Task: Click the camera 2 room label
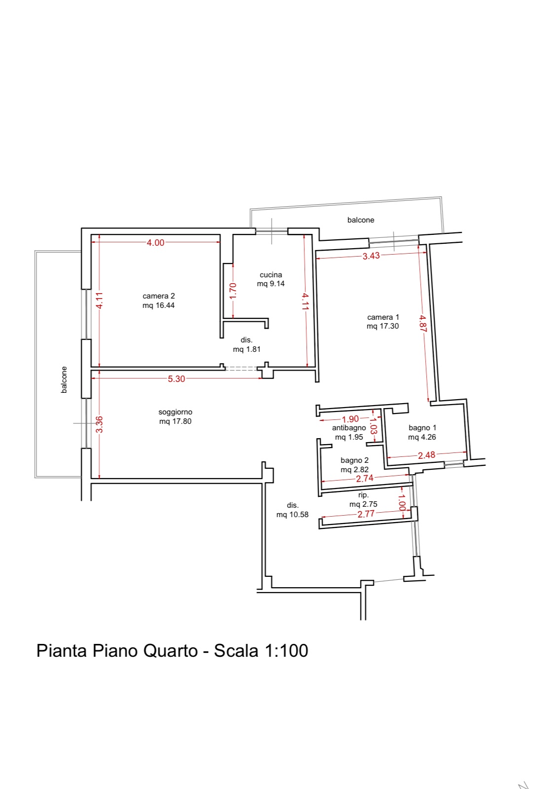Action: (158, 296)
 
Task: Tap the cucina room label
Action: (271, 274)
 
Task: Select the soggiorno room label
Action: (175, 412)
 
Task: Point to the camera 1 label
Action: (383, 317)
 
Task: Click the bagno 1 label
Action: (422, 428)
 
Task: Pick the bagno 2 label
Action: (355, 460)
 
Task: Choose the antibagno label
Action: (349, 428)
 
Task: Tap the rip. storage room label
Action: (364, 495)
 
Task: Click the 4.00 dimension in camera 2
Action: (156, 243)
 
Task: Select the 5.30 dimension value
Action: (176, 378)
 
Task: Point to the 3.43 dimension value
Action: (371, 256)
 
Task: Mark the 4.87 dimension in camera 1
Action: (423, 323)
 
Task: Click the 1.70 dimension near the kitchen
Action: (233, 291)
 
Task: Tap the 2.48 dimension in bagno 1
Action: (426, 455)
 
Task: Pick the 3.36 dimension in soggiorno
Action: (99, 424)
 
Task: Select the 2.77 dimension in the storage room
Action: (366, 514)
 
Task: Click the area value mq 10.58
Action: (292, 515)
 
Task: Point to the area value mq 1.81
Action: (247, 349)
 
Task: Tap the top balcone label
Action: (361, 220)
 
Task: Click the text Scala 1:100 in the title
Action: (261, 650)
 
